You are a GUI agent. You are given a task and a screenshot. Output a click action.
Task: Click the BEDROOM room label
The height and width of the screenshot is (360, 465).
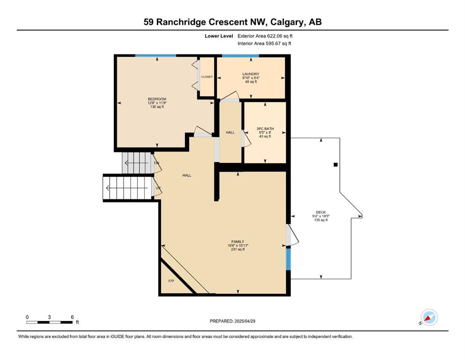157,99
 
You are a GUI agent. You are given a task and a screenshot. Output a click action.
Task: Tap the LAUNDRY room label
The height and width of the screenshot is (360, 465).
251,74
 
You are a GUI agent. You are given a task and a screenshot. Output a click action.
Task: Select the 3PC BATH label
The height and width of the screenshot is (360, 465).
265,129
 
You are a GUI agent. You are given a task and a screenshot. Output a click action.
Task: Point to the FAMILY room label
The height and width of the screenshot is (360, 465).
238,242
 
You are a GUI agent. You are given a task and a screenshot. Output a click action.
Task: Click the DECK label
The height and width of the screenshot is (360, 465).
321,212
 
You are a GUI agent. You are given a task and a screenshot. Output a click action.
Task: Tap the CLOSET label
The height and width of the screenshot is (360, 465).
207,77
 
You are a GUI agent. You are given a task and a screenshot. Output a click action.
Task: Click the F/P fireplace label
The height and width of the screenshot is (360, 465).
171,281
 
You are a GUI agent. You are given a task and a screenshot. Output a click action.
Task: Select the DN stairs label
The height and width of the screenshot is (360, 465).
156,163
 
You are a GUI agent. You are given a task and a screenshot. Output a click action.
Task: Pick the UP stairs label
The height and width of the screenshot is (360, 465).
158,188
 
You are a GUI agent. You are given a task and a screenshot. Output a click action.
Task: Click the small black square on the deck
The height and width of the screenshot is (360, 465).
336,165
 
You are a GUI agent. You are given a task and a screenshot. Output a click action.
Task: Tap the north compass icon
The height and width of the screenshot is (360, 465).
429,317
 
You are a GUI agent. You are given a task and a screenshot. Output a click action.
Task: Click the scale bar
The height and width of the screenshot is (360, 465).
50,322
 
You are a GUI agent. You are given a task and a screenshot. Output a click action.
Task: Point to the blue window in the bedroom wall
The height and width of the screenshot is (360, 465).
155,55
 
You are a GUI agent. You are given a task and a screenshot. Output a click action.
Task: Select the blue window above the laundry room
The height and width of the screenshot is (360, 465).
241,55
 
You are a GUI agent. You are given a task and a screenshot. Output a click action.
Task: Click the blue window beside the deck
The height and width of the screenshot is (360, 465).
288,259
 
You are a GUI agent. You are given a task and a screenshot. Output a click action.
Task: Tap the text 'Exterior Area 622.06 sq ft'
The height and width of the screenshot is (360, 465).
265,36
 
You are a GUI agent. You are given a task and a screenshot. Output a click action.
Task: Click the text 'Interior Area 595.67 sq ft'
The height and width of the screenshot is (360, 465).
264,44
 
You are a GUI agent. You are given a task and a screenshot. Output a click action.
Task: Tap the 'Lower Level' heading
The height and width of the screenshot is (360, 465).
219,36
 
